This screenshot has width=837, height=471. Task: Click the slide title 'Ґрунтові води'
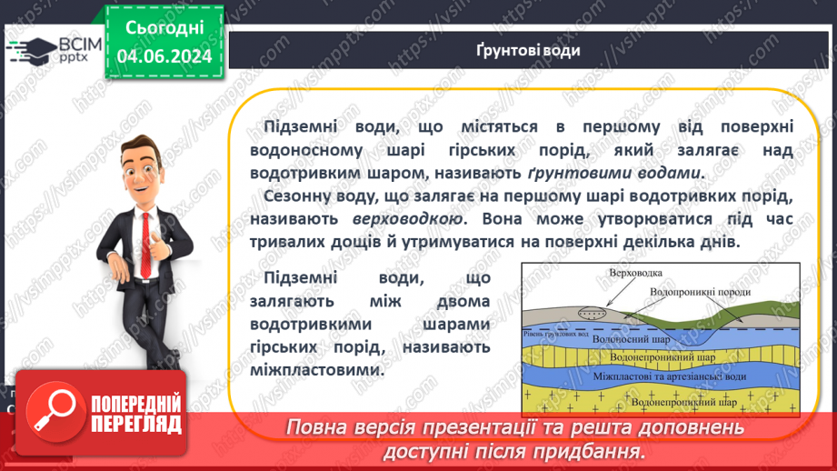pos(527,50)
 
